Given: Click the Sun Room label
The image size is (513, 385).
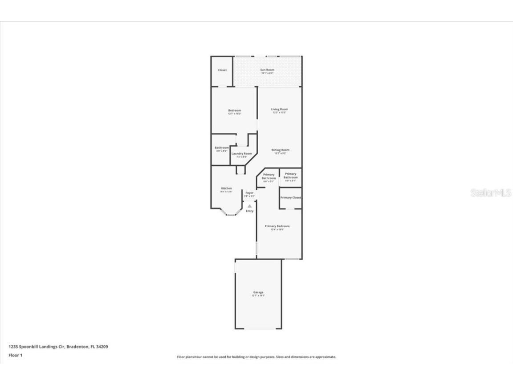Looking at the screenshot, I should pos(267,70).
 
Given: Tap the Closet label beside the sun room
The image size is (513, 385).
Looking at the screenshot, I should pos(222,70).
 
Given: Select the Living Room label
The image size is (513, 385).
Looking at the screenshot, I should pos(280,109).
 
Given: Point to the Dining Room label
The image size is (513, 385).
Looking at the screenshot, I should pos(281,150).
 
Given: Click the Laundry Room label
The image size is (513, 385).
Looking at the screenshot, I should pos(241,154).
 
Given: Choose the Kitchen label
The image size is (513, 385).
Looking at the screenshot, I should pos(227,188).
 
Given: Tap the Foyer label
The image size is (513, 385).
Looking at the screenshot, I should pos(249,193).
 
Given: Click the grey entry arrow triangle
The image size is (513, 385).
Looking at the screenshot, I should pos(250,206).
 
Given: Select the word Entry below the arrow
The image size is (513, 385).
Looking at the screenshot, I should pos(250,211).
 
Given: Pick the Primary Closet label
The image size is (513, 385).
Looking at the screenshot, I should pos(291,197).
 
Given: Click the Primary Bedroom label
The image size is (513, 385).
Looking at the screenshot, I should pos(277,226).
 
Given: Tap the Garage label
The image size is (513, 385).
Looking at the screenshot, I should pos(258,292).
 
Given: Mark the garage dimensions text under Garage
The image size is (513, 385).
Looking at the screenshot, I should pos(258,296).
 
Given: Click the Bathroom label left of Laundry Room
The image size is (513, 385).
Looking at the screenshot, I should pos(222,147).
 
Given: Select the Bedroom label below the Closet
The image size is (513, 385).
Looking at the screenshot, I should pos(235,111).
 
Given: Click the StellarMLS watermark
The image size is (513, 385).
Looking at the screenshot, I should pos(491,193).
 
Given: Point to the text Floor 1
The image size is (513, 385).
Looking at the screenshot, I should pos(15,355).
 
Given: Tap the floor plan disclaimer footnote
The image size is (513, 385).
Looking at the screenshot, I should pos(256,357).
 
